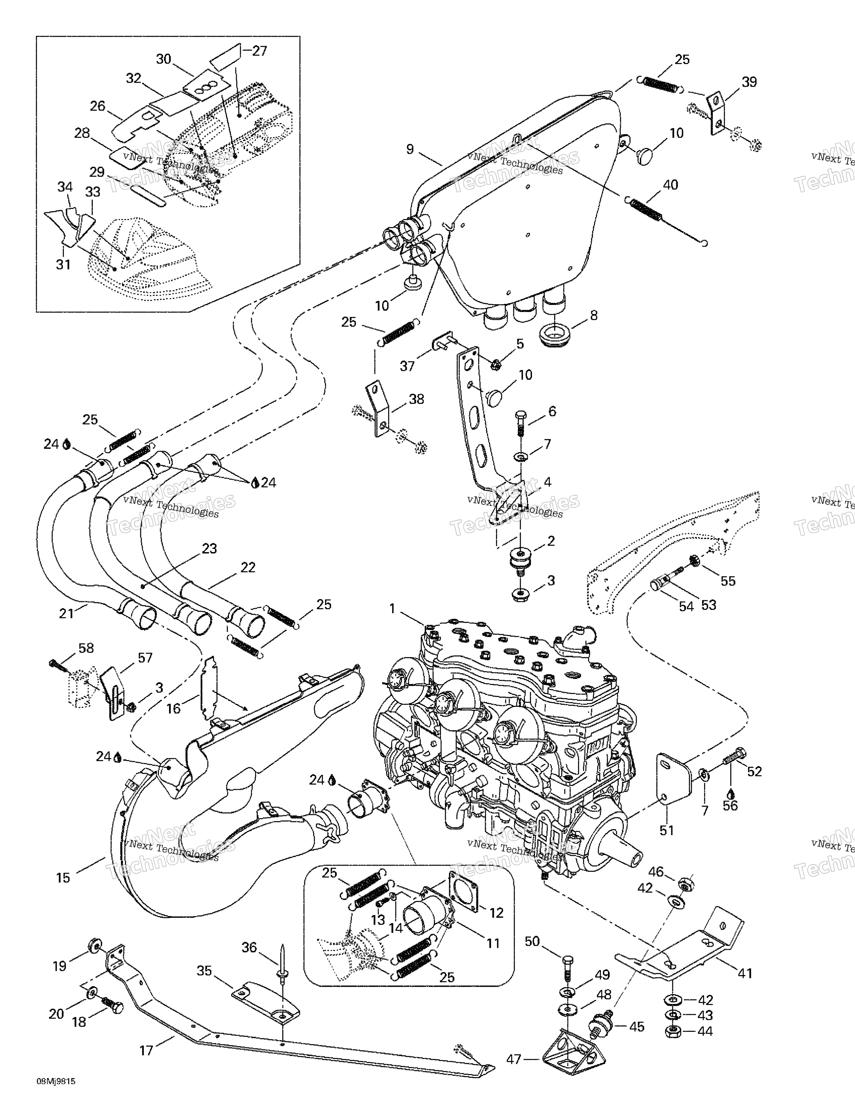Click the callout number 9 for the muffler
click(410, 150)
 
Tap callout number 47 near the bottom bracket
click(514, 1060)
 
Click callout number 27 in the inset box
click(260, 51)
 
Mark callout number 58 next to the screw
click(86, 648)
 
